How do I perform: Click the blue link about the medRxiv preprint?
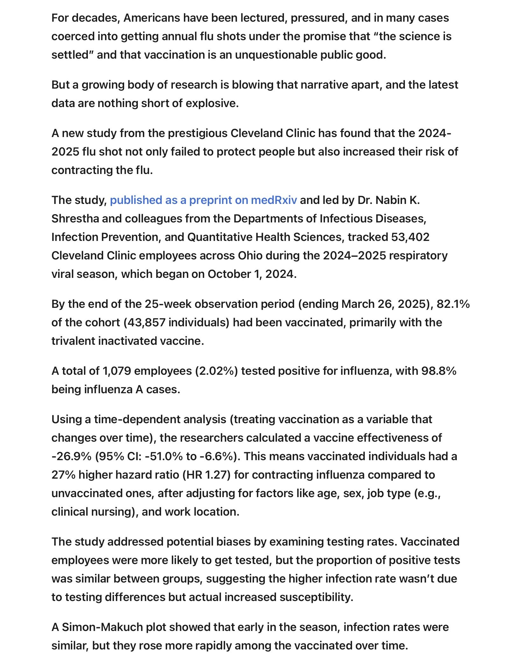point(203,200)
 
